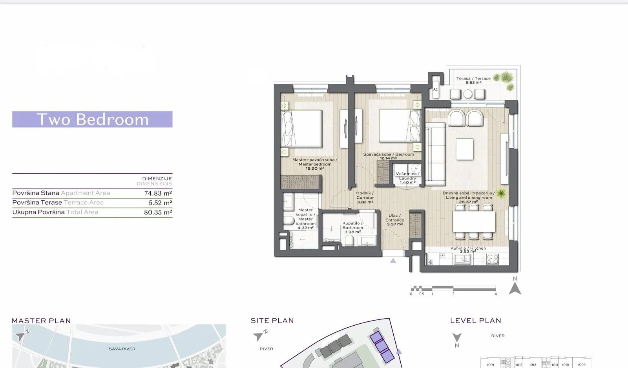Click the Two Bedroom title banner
tap(92, 120)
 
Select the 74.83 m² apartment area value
tap(158, 193)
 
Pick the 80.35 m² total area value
tap(158, 212)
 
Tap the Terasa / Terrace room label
tap(473, 80)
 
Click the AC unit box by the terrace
tap(435, 89)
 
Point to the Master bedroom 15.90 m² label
tap(314, 164)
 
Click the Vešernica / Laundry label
tap(407, 178)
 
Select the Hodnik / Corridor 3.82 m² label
tap(365, 198)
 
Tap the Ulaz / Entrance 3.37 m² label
tap(394, 220)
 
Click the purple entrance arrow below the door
tap(393, 261)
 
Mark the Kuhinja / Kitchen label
tap(468, 249)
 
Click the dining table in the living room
tap(473, 222)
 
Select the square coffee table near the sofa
tap(464, 149)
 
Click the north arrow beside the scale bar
tap(515, 288)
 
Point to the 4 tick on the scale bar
tap(495, 294)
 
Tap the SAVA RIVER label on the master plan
tap(122, 349)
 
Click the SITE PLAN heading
tap(272, 321)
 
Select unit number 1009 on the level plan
tap(582, 364)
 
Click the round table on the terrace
tap(467, 94)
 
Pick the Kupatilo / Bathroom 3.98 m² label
tap(352, 227)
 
